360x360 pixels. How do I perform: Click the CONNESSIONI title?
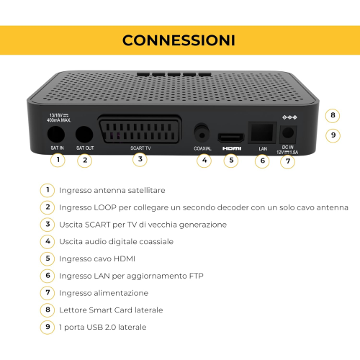click(179, 40)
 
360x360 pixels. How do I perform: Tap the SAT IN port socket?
click(56, 134)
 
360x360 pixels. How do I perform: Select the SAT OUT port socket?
click(84, 134)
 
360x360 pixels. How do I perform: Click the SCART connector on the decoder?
click(140, 130)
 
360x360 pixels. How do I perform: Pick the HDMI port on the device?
click(231, 138)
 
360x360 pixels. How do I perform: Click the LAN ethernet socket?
click(262, 132)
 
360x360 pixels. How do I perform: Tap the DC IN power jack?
click(288, 133)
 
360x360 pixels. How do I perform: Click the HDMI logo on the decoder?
click(232, 148)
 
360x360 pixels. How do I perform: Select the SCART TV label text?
click(140, 148)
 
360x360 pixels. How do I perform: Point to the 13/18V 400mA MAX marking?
click(59, 117)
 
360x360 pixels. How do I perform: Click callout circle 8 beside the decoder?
click(333, 115)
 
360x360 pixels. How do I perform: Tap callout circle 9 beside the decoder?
click(333, 135)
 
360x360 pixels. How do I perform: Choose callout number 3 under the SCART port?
click(140, 159)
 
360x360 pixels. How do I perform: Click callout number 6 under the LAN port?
click(262, 161)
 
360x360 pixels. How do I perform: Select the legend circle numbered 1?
click(48, 190)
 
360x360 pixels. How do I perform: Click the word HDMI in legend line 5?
click(125, 258)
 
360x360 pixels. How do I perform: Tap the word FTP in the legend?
click(196, 276)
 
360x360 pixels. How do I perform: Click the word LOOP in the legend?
click(105, 207)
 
